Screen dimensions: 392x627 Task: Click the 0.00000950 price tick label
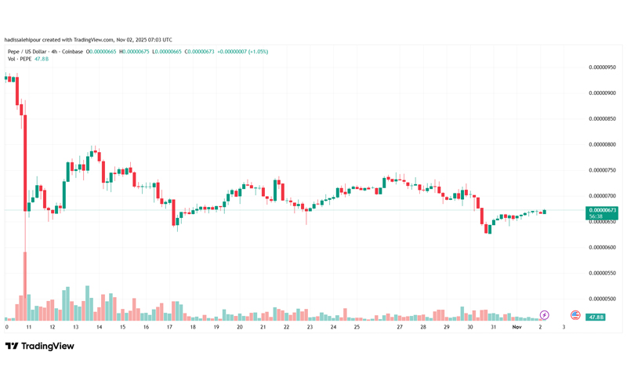coord(602,67)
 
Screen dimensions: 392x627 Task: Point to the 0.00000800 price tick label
coord(602,144)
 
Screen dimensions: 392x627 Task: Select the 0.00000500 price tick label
coord(602,299)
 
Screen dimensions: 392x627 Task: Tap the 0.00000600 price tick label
coord(602,247)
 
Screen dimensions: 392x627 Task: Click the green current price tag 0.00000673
coord(603,210)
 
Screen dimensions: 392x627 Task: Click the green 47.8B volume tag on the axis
coord(596,318)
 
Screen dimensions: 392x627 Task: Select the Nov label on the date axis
coord(517,326)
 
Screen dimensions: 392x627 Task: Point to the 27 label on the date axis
coord(400,326)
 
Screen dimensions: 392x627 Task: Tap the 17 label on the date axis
coord(169,326)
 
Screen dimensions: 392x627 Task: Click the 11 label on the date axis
coord(29,326)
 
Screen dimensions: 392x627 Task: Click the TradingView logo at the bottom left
coord(40,346)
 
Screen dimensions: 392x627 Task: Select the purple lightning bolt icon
coord(544,315)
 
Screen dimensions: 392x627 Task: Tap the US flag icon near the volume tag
coord(575,315)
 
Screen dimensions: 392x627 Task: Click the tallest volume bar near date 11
coord(25,286)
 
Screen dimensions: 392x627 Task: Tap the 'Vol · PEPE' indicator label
coord(18,59)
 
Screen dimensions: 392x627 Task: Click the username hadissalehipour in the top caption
coord(24,40)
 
